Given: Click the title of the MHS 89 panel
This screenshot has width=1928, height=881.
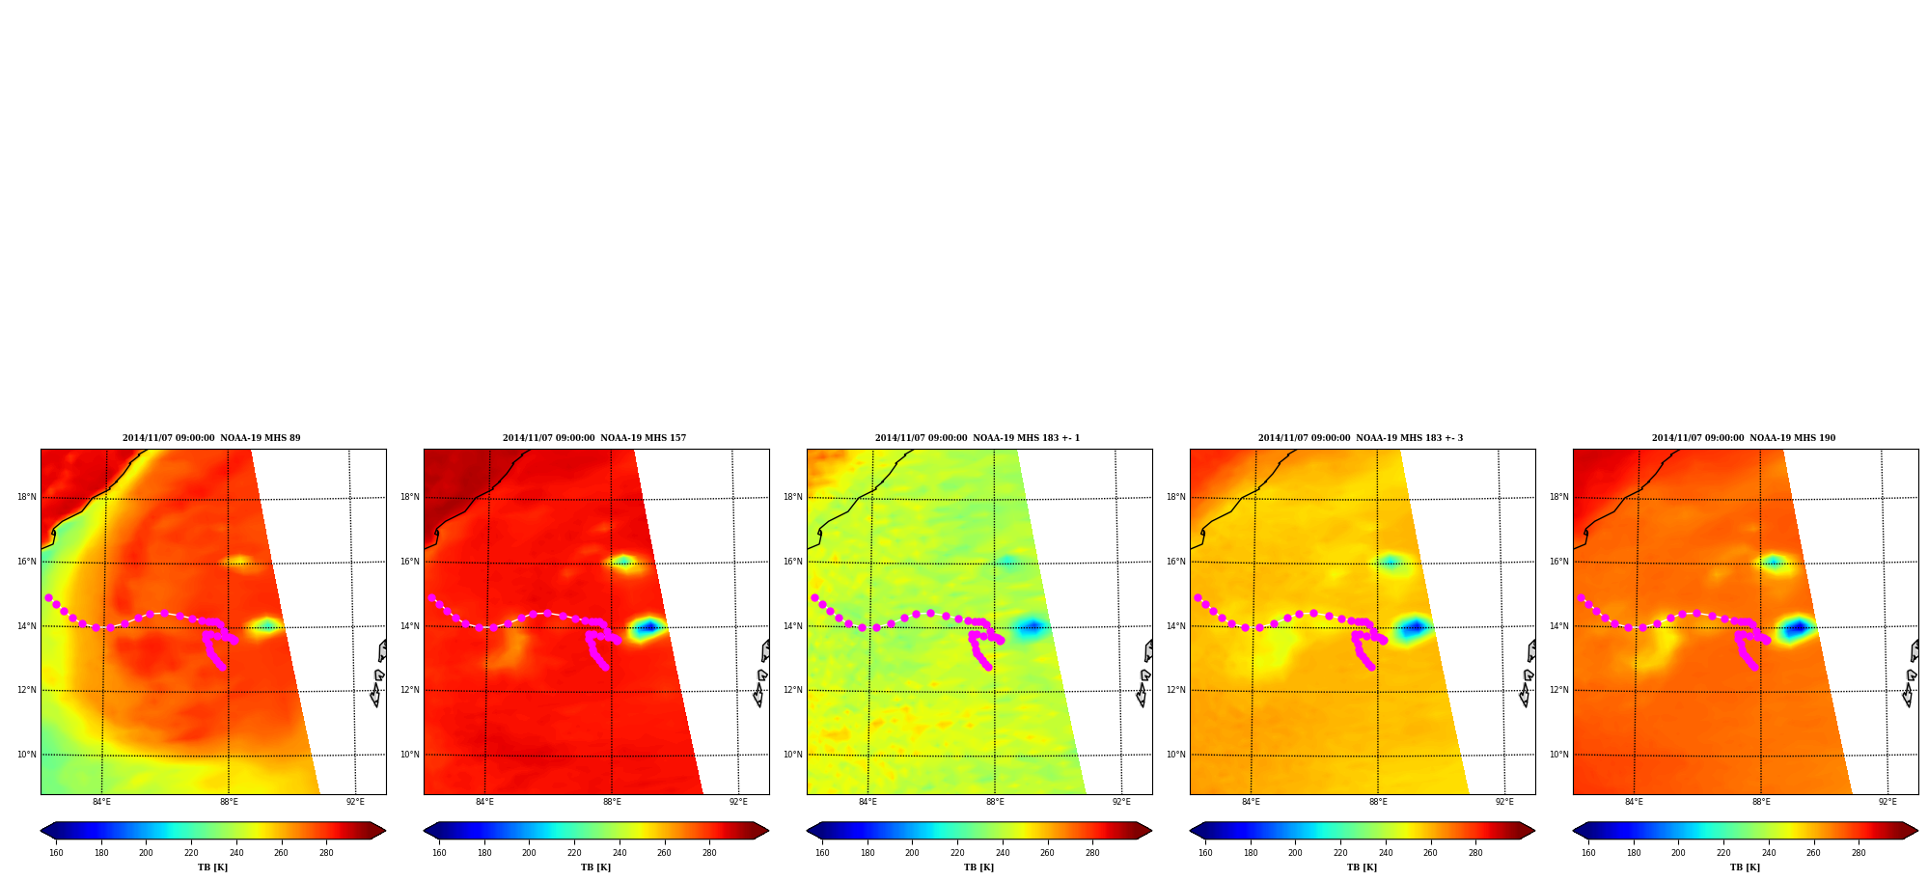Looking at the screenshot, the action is click(x=211, y=438).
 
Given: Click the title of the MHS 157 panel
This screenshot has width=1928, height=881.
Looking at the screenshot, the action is click(x=594, y=438).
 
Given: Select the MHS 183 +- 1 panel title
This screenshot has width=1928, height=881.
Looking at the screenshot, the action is click(x=978, y=438).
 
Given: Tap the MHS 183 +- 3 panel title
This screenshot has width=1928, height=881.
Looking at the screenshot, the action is click(x=1361, y=438).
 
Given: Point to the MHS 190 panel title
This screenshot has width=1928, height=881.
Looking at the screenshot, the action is click(x=1744, y=438).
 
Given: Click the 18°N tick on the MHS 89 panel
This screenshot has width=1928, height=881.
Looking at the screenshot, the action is click(x=27, y=497).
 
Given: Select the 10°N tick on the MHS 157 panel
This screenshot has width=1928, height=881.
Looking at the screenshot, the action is click(x=410, y=755).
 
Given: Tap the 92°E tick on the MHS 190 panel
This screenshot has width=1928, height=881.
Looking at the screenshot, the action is click(x=1887, y=802).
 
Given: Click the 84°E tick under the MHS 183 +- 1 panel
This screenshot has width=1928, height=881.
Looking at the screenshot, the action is click(x=868, y=802).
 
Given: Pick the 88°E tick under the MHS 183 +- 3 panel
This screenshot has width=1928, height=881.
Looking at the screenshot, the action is click(x=1378, y=802).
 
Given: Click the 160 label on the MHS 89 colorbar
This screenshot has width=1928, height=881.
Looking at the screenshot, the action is click(x=56, y=853).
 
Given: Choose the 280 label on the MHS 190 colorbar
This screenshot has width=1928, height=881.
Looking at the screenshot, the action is click(x=1859, y=853).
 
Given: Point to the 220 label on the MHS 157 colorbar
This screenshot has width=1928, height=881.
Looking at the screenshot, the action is click(x=574, y=853).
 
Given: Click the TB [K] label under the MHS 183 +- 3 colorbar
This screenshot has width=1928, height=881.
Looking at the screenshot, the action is click(x=1362, y=867).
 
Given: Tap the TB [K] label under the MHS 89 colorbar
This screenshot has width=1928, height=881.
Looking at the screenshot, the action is click(x=212, y=867).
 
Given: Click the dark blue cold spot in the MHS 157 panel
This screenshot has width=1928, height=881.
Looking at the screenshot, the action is click(x=649, y=627).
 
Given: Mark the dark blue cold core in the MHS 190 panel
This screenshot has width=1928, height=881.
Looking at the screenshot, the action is click(x=1797, y=628).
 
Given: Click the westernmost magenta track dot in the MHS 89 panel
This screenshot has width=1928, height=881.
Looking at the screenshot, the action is click(x=48, y=597).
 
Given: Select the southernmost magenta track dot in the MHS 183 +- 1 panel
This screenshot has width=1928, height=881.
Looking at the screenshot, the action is click(x=988, y=667).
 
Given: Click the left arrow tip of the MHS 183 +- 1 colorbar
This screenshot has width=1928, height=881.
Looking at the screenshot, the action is click(x=807, y=831).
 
